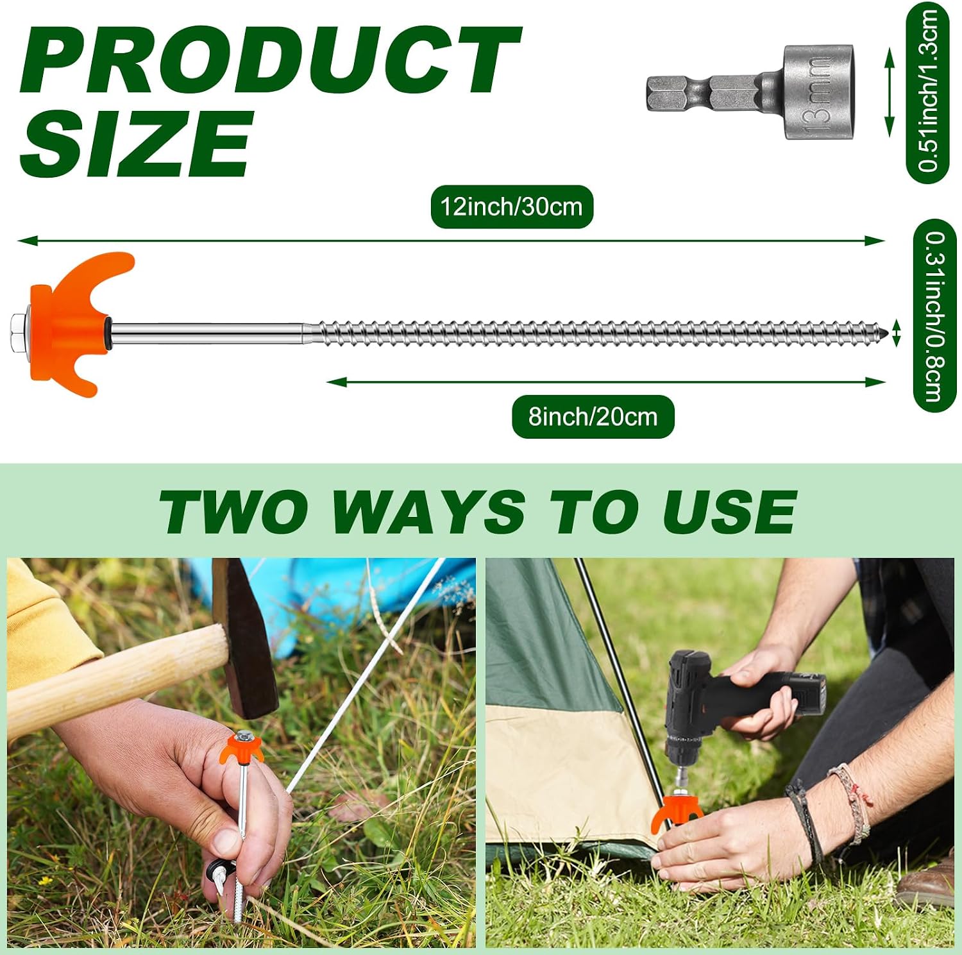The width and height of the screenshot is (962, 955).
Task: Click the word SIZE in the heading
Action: pyautogui.click(x=136, y=142)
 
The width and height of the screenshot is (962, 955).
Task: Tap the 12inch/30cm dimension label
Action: pyautogui.click(x=511, y=207)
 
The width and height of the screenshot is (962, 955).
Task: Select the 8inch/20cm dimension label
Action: pyautogui.click(x=593, y=417)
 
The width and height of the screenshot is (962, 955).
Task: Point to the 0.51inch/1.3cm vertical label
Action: pyautogui.click(x=927, y=92)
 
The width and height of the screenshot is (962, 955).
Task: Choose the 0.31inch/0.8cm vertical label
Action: pyautogui.click(x=934, y=316)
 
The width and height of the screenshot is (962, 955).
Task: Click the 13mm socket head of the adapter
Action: pyautogui.click(x=818, y=92)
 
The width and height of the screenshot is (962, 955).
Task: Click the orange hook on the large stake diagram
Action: pyautogui.click(x=74, y=324)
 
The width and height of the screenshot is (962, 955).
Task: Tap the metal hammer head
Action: pyautogui.click(x=245, y=638)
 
